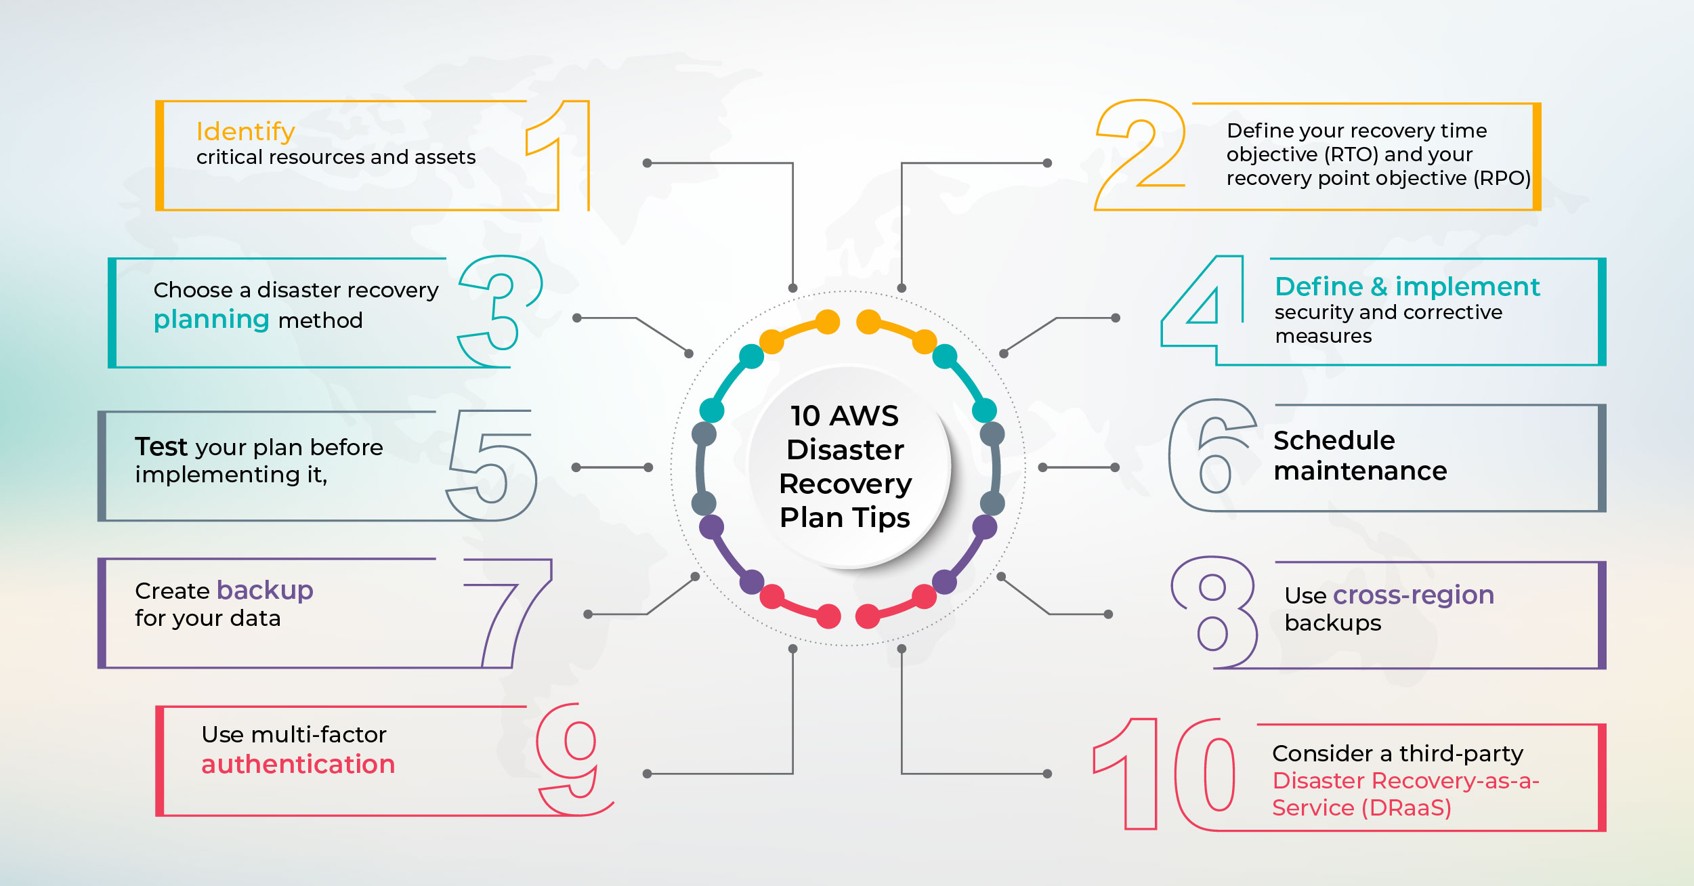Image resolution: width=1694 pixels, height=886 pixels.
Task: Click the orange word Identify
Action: (245, 131)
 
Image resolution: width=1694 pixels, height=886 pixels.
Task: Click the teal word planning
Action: (211, 320)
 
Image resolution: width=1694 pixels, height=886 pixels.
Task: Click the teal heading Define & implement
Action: (1407, 287)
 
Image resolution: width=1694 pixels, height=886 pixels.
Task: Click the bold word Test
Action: (161, 447)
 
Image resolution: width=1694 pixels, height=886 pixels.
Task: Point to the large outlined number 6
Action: (1212, 455)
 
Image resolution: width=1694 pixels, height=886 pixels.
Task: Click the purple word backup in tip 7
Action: (265, 591)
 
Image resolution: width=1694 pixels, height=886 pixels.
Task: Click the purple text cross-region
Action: (1413, 595)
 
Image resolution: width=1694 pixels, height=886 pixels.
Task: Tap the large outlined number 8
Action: (1213, 612)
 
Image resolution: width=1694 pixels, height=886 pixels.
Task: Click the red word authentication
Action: (298, 765)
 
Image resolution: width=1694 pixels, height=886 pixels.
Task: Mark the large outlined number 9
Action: (573, 759)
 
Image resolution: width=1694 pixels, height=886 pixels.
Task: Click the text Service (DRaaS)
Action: (1361, 807)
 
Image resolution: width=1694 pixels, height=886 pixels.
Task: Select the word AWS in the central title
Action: (865, 416)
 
